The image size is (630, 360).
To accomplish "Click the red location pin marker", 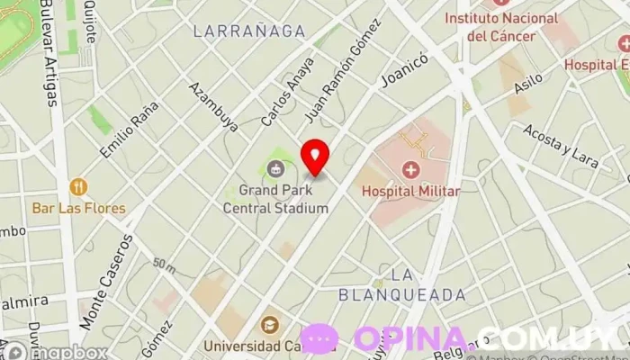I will click(314, 157).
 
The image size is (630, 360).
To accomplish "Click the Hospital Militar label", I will click(410, 191).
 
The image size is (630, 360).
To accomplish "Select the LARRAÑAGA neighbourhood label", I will click(249, 31).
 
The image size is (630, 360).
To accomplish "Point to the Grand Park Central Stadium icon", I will click(275, 168).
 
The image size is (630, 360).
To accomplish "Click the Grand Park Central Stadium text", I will click(275, 199).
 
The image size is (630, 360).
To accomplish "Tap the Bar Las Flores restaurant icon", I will click(78, 187).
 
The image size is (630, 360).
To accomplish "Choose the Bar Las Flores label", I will click(79, 208).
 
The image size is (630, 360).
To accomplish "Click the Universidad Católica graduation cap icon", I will click(269, 325).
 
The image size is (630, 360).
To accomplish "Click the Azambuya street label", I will click(213, 107).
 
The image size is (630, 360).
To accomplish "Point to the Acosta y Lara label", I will click(560, 146).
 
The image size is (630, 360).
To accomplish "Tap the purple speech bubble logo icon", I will click(319, 338).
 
